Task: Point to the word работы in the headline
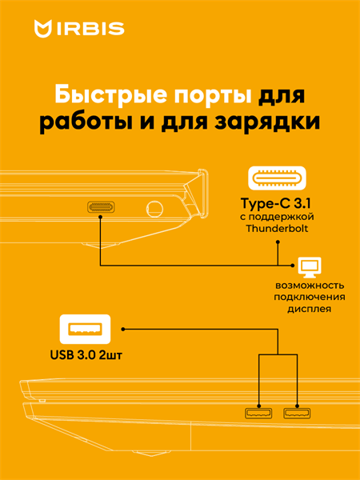81,125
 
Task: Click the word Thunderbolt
278,229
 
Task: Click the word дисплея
310,309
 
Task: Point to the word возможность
310,286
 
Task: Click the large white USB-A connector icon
85,330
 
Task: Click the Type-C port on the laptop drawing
101,207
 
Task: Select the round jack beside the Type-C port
154,209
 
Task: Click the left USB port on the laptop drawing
258,414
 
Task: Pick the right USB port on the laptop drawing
297,414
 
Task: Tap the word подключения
310,298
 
